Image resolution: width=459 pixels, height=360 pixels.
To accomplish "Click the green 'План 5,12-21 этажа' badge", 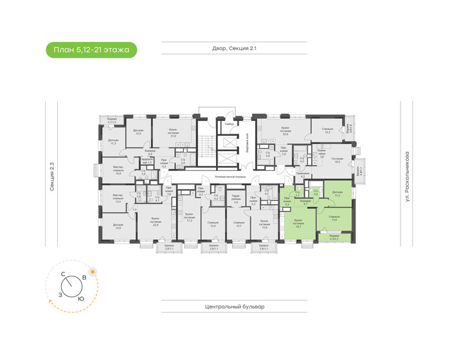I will [91, 50].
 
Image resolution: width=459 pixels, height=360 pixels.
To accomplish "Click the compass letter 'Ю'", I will [80, 299].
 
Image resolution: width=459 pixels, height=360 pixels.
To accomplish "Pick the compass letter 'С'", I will [62, 274].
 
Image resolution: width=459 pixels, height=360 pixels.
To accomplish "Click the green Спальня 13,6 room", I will [334, 219].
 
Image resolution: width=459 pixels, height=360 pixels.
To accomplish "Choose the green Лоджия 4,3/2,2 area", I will [334, 237].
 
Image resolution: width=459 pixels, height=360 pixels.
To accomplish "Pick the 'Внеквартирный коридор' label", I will [229, 176].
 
